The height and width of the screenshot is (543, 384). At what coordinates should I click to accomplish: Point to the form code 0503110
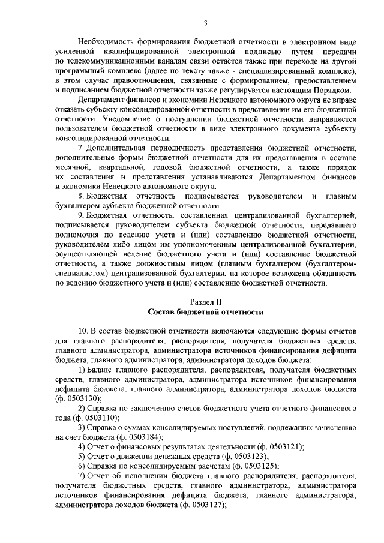click(101, 418)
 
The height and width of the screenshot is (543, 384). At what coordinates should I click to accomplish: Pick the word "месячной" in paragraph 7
click(71, 168)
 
